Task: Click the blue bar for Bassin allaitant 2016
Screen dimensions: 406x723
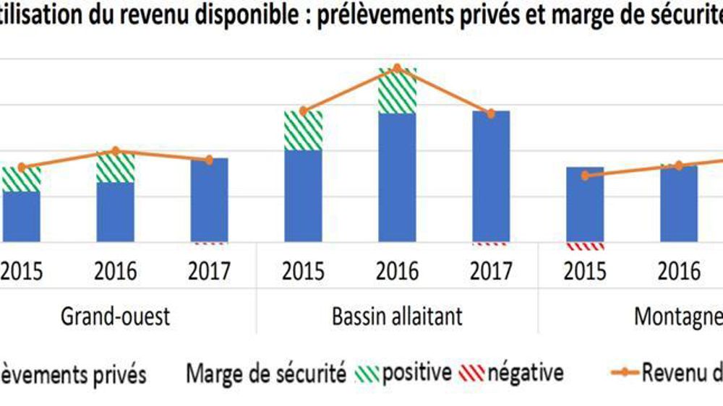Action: tap(397, 177)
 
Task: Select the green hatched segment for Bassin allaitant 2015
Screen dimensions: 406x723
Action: tap(303, 130)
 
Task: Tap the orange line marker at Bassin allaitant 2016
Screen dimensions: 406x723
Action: tap(397, 68)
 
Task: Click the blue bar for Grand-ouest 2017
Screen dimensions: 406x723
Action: tap(209, 199)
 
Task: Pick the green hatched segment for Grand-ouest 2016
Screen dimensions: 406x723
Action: tap(116, 167)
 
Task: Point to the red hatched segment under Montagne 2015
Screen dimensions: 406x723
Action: tap(585, 246)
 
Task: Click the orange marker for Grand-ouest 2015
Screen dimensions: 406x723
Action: tap(22, 168)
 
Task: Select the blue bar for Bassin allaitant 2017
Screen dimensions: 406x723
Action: tap(491, 176)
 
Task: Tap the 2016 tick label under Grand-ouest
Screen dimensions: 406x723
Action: tap(116, 272)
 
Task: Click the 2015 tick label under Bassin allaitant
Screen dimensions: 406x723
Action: tap(303, 272)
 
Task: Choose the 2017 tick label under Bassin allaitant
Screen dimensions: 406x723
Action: tap(491, 272)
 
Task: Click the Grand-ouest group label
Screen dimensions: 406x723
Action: tap(116, 316)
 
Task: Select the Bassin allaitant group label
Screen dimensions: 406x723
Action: tap(397, 316)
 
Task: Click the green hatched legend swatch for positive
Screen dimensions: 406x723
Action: tap(367, 374)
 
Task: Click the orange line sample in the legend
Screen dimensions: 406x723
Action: tap(623, 374)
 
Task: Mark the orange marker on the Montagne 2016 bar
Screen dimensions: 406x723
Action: tap(679, 165)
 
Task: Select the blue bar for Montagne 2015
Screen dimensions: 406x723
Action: tap(585, 204)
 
